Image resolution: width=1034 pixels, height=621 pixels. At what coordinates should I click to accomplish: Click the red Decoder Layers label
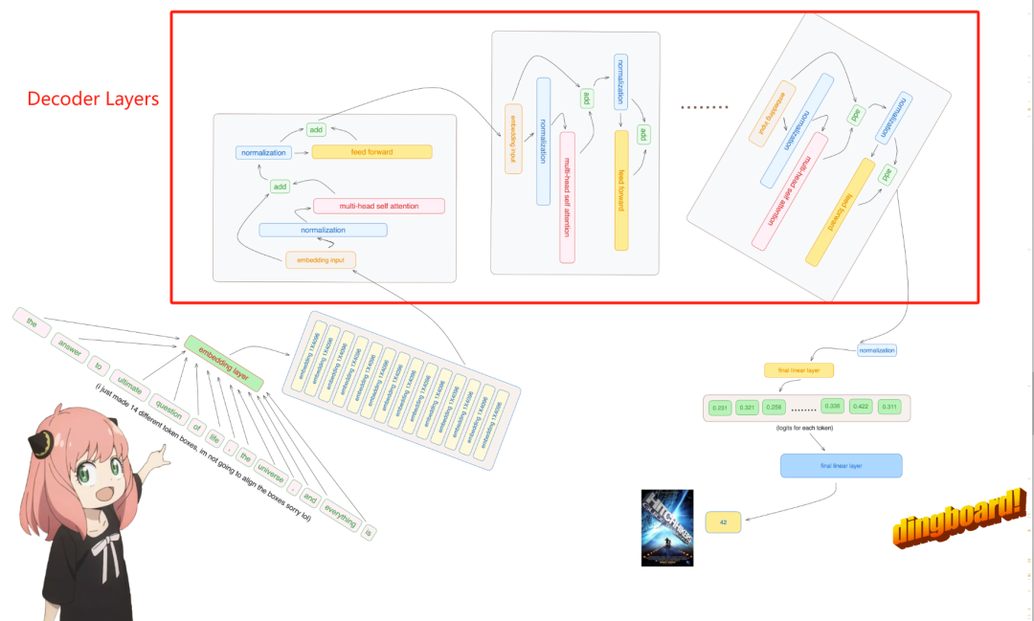click(x=93, y=99)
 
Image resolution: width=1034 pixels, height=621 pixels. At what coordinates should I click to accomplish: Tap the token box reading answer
click(x=72, y=344)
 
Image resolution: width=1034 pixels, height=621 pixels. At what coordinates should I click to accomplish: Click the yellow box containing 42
click(x=724, y=522)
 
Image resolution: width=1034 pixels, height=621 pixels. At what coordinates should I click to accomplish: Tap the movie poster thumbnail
click(x=666, y=526)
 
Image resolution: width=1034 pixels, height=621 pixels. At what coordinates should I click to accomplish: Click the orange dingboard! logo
click(x=959, y=517)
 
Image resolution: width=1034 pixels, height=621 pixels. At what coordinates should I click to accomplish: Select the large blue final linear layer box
click(x=841, y=466)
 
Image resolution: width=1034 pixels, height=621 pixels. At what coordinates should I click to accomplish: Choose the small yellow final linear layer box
click(x=798, y=369)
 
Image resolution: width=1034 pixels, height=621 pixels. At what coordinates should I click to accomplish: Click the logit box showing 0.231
click(x=721, y=409)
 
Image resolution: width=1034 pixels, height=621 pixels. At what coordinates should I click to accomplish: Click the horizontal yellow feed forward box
click(x=371, y=151)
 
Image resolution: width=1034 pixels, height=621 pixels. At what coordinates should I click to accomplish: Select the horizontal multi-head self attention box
click(x=378, y=206)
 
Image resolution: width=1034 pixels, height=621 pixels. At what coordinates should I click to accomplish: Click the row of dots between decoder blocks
click(x=705, y=107)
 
